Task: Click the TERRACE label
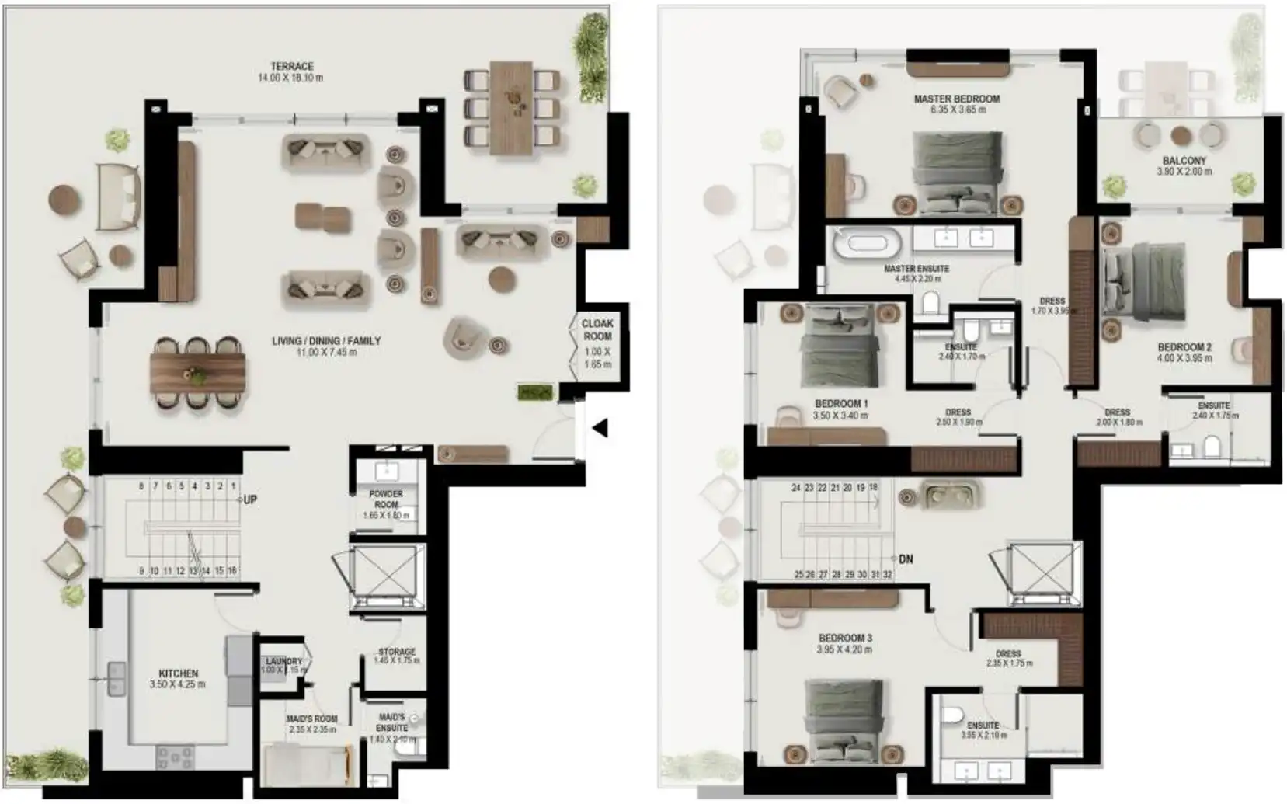point(292,67)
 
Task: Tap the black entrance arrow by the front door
point(600,427)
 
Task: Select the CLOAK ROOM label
point(597,329)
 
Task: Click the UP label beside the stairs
point(249,499)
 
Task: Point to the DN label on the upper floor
point(906,559)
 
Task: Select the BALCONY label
point(1184,161)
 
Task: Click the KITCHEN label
point(179,673)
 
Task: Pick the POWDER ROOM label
point(386,499)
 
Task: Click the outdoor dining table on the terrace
point(511,107)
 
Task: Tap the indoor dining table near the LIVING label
point(198,373)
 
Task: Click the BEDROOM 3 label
point(845,639)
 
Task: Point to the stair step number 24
point(796,488)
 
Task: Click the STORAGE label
point(397,652)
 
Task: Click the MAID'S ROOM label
point(311,719)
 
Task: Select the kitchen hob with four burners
point(176,756)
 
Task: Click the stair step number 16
point(231,571)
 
